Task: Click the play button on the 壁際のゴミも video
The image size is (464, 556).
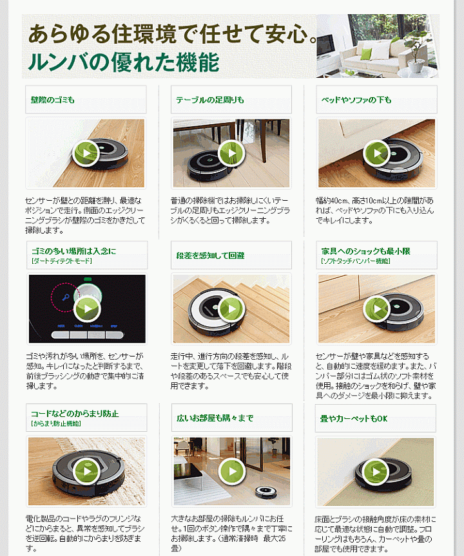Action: click(x=86, y=153)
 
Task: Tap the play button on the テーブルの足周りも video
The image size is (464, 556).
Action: click(x=231, y=153)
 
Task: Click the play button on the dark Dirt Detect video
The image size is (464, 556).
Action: click(x=88, y=309)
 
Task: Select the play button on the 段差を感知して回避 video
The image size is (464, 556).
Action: click(x=231, y=309)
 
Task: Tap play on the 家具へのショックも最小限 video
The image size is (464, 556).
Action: click(x=376, y=309)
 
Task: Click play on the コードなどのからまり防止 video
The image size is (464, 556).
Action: click(x=86, y=471)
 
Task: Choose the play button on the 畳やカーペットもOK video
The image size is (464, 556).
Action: click(x=376, y=472)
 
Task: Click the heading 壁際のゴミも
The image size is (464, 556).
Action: click(x=53, y=100)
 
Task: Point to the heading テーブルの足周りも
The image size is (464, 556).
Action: click(x=210, y=100)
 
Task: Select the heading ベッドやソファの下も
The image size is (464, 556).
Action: click(x=357, y=100)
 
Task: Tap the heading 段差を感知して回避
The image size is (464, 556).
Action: click(x=210, y=255)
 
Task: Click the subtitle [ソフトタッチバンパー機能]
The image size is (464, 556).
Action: click(x=355, y=261)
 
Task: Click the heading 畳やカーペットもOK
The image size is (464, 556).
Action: click(x=354, y=418)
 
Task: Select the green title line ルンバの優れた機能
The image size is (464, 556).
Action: click(x=123, y=62)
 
